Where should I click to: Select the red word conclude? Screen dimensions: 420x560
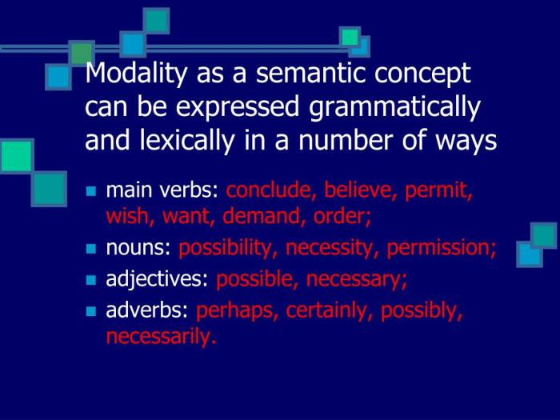pos(268,192)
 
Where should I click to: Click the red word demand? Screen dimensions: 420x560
pos(263,215)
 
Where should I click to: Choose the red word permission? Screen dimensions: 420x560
pos(440,249)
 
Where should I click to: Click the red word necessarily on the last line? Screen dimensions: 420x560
pos(160,337)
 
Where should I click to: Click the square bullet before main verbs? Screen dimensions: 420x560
pos(90,193)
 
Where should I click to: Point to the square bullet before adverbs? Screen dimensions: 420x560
pos(90,313)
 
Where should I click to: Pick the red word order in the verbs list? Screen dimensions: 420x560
pos(346,215)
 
